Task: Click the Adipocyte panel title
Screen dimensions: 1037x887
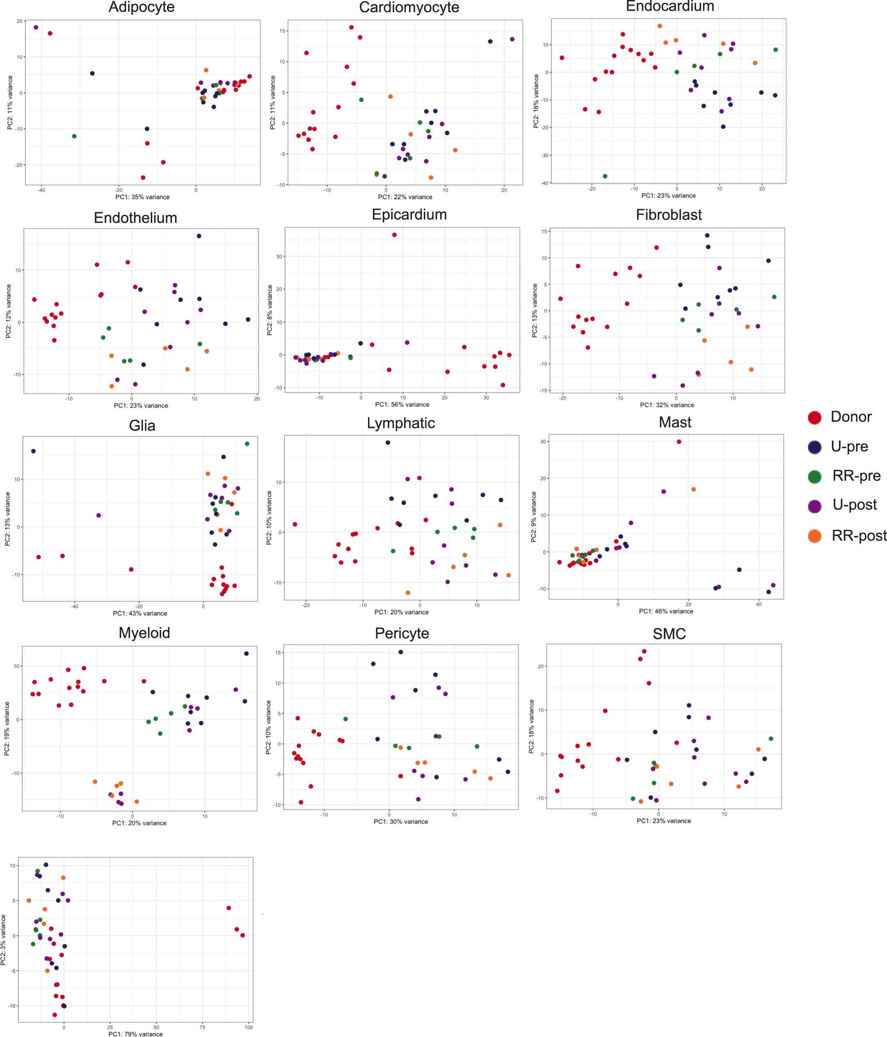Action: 142,7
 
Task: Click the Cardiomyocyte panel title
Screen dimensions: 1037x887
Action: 409,7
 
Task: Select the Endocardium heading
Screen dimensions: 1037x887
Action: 670,7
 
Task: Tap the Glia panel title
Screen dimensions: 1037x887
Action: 142,425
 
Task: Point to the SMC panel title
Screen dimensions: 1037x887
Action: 669,634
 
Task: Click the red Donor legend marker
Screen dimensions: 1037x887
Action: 814,417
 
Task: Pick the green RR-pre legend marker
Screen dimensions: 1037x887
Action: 814,476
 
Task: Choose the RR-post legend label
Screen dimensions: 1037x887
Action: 859,536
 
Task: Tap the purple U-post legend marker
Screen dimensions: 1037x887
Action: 814,506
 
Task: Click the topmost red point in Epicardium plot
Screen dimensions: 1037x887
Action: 394,235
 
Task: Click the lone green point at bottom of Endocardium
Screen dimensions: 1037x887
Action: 605,176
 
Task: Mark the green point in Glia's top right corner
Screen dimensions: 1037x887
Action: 247,444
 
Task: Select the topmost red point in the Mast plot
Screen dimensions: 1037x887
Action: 679,441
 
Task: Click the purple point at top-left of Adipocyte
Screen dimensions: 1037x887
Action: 36,28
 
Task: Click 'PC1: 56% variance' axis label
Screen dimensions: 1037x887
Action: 402,405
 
